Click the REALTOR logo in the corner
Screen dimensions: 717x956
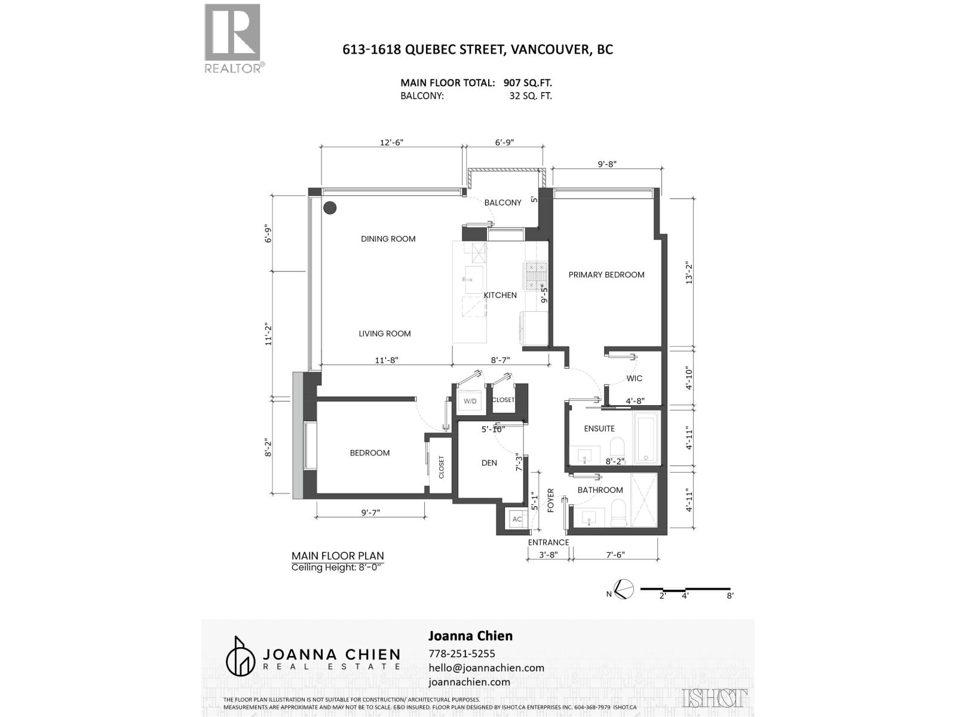click(233, 38)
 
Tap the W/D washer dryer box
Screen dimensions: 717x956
click(470, 401)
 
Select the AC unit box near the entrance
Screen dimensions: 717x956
click(517, 519)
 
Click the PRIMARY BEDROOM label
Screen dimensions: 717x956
click(606, 275)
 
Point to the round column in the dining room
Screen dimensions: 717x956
click(329, 208)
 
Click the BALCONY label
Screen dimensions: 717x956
click(502, 203)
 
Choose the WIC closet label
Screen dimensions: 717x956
click(634, 378)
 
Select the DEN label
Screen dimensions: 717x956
click(489, 462)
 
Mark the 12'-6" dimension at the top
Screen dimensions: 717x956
click(392, 142)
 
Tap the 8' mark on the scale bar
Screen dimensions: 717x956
click(730, 595)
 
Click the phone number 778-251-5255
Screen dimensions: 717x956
click(462, 654)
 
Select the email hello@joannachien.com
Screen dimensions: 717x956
click(486, 668)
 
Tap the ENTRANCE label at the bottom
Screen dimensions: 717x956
click(548, 543)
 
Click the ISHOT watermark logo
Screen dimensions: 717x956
click(715, 697)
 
